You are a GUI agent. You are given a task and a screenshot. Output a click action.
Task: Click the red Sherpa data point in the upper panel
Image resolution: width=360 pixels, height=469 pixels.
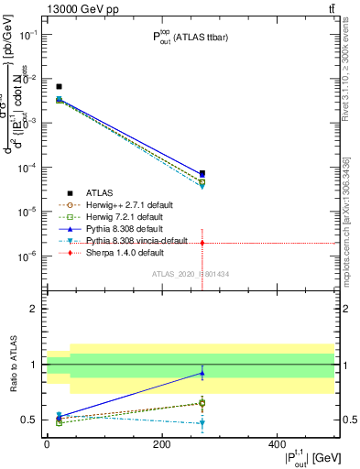[x=202, y=243]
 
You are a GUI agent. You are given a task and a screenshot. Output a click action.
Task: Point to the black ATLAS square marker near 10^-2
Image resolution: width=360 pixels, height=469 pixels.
[x=59, y=87]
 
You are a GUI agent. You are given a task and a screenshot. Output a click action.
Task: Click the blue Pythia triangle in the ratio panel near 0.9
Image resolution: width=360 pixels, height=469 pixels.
[x=202, y=373]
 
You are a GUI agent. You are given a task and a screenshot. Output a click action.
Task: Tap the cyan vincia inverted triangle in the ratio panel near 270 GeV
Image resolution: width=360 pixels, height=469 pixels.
[x=202, y=423]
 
